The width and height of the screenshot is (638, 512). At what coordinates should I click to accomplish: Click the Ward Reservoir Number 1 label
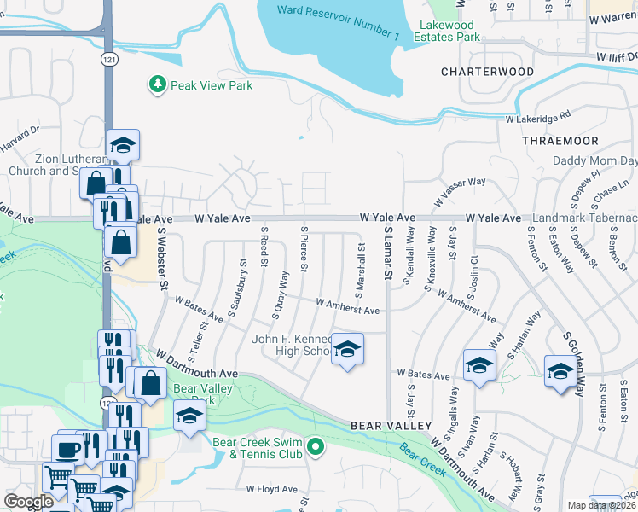[338, 22]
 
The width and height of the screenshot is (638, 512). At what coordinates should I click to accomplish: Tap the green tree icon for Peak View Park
[156, 84]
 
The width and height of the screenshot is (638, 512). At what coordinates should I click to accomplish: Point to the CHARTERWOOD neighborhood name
[487, 73]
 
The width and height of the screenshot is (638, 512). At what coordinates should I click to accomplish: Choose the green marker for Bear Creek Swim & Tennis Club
[315, 446]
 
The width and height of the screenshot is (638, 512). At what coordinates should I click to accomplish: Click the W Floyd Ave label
[272, 490]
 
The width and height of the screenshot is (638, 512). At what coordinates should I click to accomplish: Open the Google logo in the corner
[28, 502]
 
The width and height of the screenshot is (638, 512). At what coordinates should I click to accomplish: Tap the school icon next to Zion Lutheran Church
[124, 146]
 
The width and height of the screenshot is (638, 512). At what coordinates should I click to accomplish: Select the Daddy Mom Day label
[594, 160]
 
